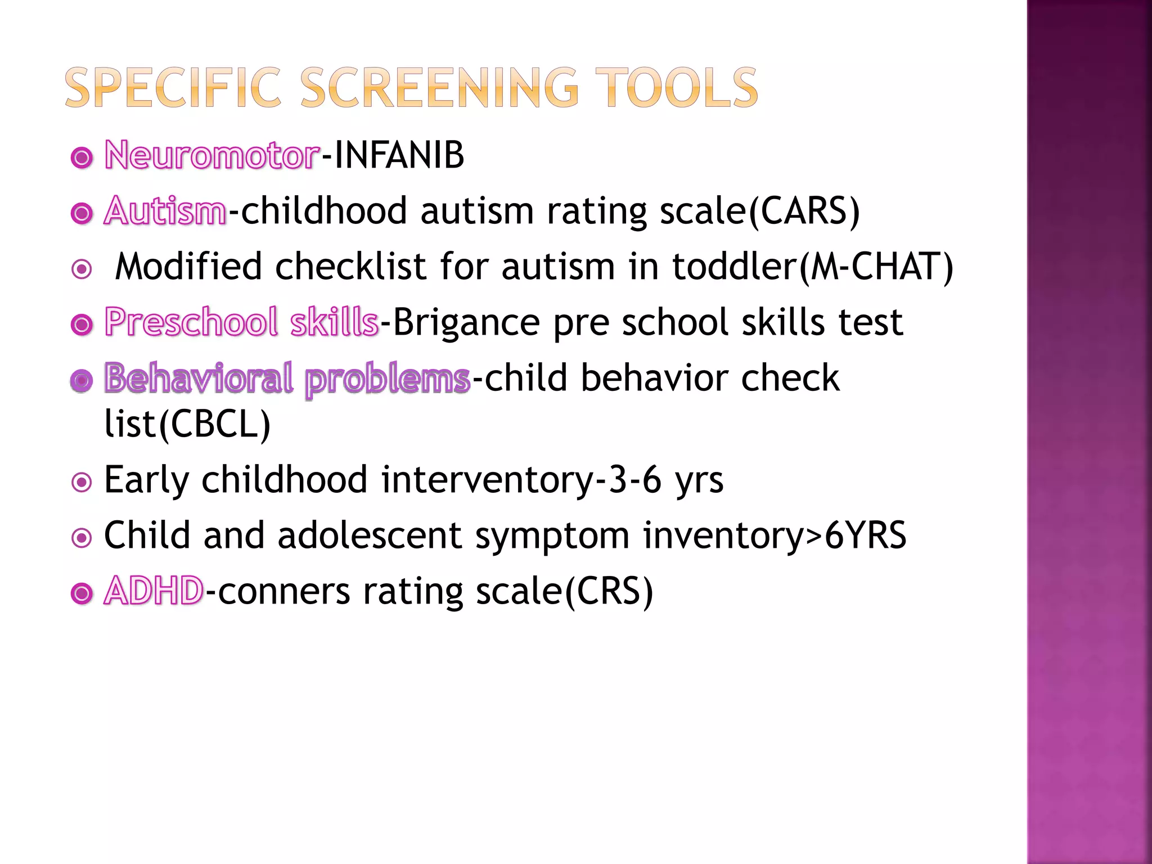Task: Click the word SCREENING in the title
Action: [x=439, y=88]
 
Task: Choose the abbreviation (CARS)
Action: [x=804, y=211]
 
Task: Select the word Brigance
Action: [x=466, y=322]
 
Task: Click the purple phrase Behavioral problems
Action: [x=287, y=378]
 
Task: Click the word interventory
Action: [x=487, y=480]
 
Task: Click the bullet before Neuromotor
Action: [x=82, y=158]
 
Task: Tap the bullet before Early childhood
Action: [x=82, y=482]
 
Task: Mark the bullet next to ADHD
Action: [x=82, y=593]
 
